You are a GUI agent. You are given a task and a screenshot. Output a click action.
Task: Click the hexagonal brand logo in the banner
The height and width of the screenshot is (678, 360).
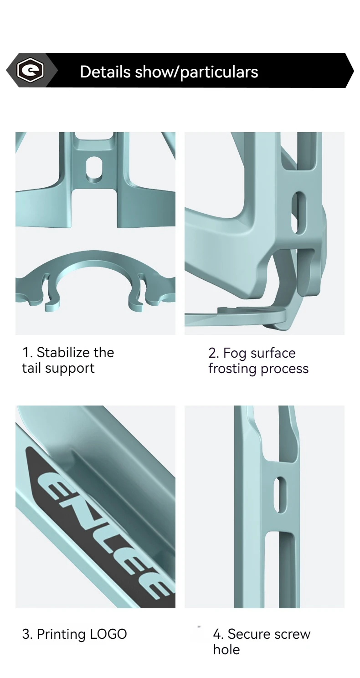[x=31, y=71]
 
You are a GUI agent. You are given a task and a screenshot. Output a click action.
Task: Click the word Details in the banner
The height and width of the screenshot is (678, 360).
[x=105, y=72]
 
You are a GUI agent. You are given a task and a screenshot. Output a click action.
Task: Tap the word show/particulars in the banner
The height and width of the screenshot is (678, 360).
[x=196, y=72]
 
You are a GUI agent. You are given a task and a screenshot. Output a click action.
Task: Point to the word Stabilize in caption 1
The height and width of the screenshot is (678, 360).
[x=64, y=352]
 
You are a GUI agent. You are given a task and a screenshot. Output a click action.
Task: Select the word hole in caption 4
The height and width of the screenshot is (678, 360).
[x=226, y=650]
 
